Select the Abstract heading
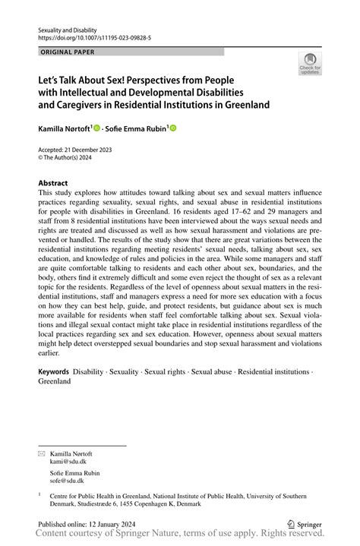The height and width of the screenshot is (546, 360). point(53,184)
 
